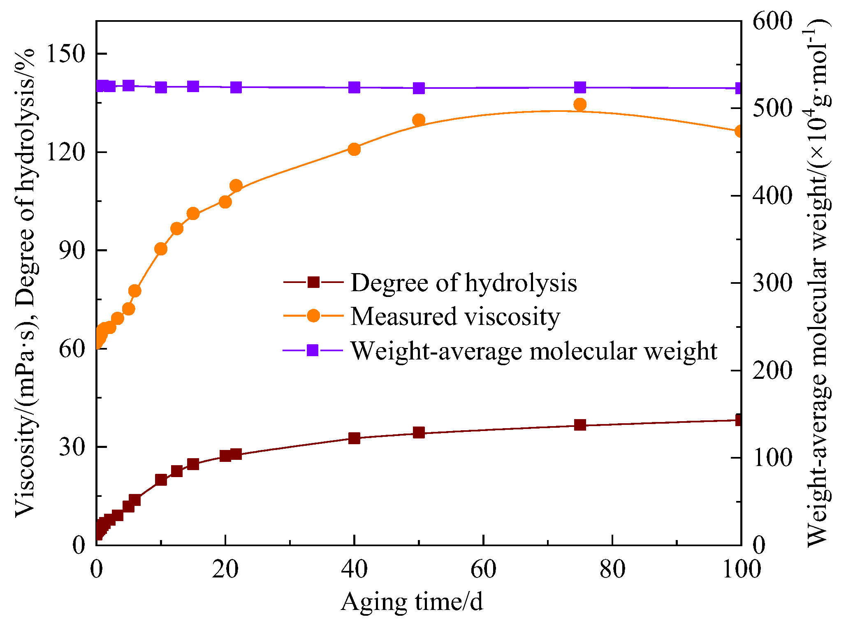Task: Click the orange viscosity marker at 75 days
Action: (x=579, y=104)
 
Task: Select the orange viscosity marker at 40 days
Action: (x=354, y=149)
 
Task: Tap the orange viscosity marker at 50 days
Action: (x=419, y=120)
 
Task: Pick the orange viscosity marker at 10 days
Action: (x=161, y=249)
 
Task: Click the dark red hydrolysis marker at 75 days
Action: (x=579, y=425)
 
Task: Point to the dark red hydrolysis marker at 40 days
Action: (x=354, y=438)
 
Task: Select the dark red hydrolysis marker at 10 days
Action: (x=161, y=480)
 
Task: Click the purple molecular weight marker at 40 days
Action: (x=354, y=87)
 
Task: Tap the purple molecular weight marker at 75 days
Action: (x=579, y=87)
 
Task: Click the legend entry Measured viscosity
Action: (x=455, y=316)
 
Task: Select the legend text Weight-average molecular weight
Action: (x=533, y=351)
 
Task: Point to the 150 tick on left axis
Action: (x=66, y=54)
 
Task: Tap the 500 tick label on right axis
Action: (x=772, y=109)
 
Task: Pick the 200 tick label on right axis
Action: (x=772, y=371)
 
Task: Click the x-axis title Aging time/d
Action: (x=412, y=602)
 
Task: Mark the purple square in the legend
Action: (x=313, y=350)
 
